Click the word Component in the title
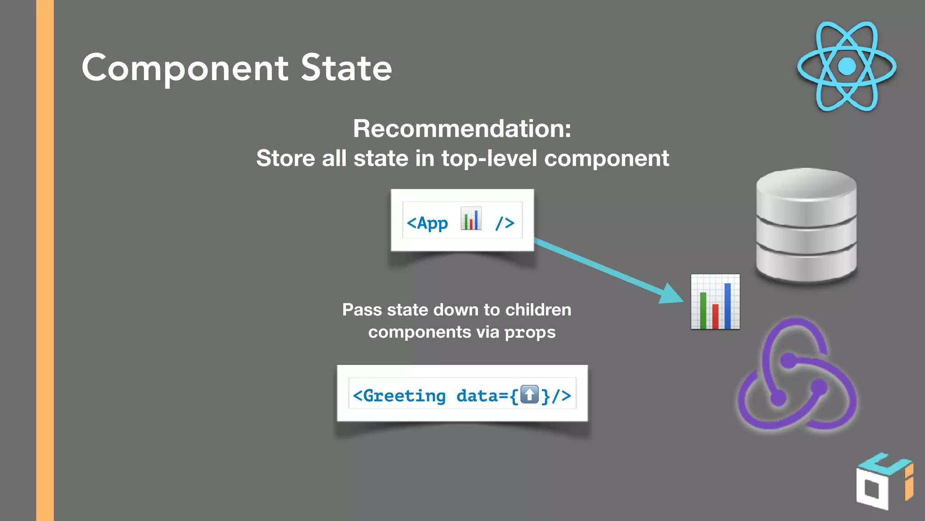pyautogui.click(x=185, y=69)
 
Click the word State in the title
pyautogui.click(x=346, y=68)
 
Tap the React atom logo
pyautogui.click(x=847, y=66)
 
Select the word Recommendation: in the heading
pyautogui.click(x=462, y=128)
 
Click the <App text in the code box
pyautogui.click(x=427, y=223)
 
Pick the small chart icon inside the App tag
pyautogui.click(x=471, y=219)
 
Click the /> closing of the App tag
pyautogui.click(x=505, y=223)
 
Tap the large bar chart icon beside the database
pyautogui.click(x=715, y=302)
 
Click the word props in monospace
pyautogui.click(x=530, y=333)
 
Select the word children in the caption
pyautogui.click(x=538, y=310)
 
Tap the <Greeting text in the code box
pyautogui.click(x=399, y=396)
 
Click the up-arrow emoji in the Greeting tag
pyautogui.click(x=529, y=394)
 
